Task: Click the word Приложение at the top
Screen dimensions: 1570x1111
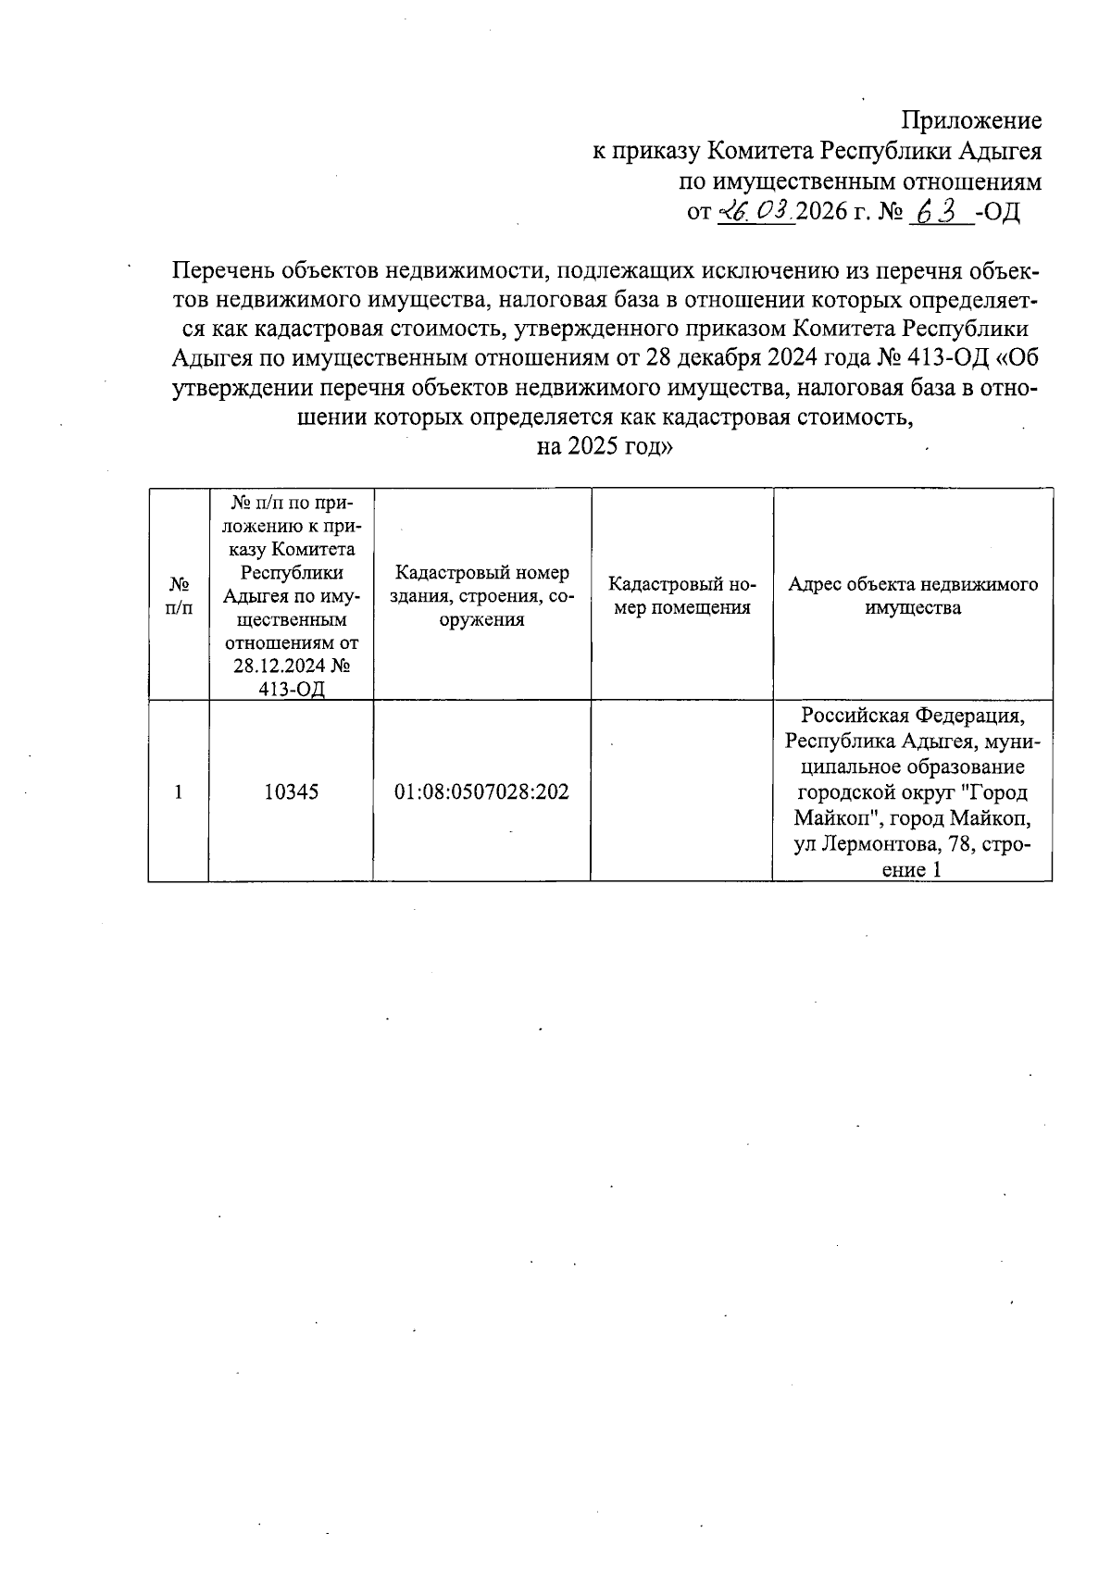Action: [972, 120]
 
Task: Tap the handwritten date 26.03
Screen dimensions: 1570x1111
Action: [756, 212]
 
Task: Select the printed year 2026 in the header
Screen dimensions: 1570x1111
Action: [821, 212]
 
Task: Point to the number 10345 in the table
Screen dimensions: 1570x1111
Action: [291, 791]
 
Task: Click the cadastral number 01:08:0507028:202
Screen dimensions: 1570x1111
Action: [481, 791]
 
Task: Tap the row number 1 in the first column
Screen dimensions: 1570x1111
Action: [178, 791]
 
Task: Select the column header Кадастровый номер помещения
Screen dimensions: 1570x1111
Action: [682, 596]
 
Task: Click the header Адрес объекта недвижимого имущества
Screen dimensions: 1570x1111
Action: [913, 596]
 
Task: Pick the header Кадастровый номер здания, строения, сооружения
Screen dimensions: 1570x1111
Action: [481, 596]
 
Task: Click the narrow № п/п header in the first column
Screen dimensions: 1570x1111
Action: [180, 596]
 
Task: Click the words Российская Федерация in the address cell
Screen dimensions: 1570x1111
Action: [913, 716]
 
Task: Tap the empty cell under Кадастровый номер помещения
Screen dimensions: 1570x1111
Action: [682, 791]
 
